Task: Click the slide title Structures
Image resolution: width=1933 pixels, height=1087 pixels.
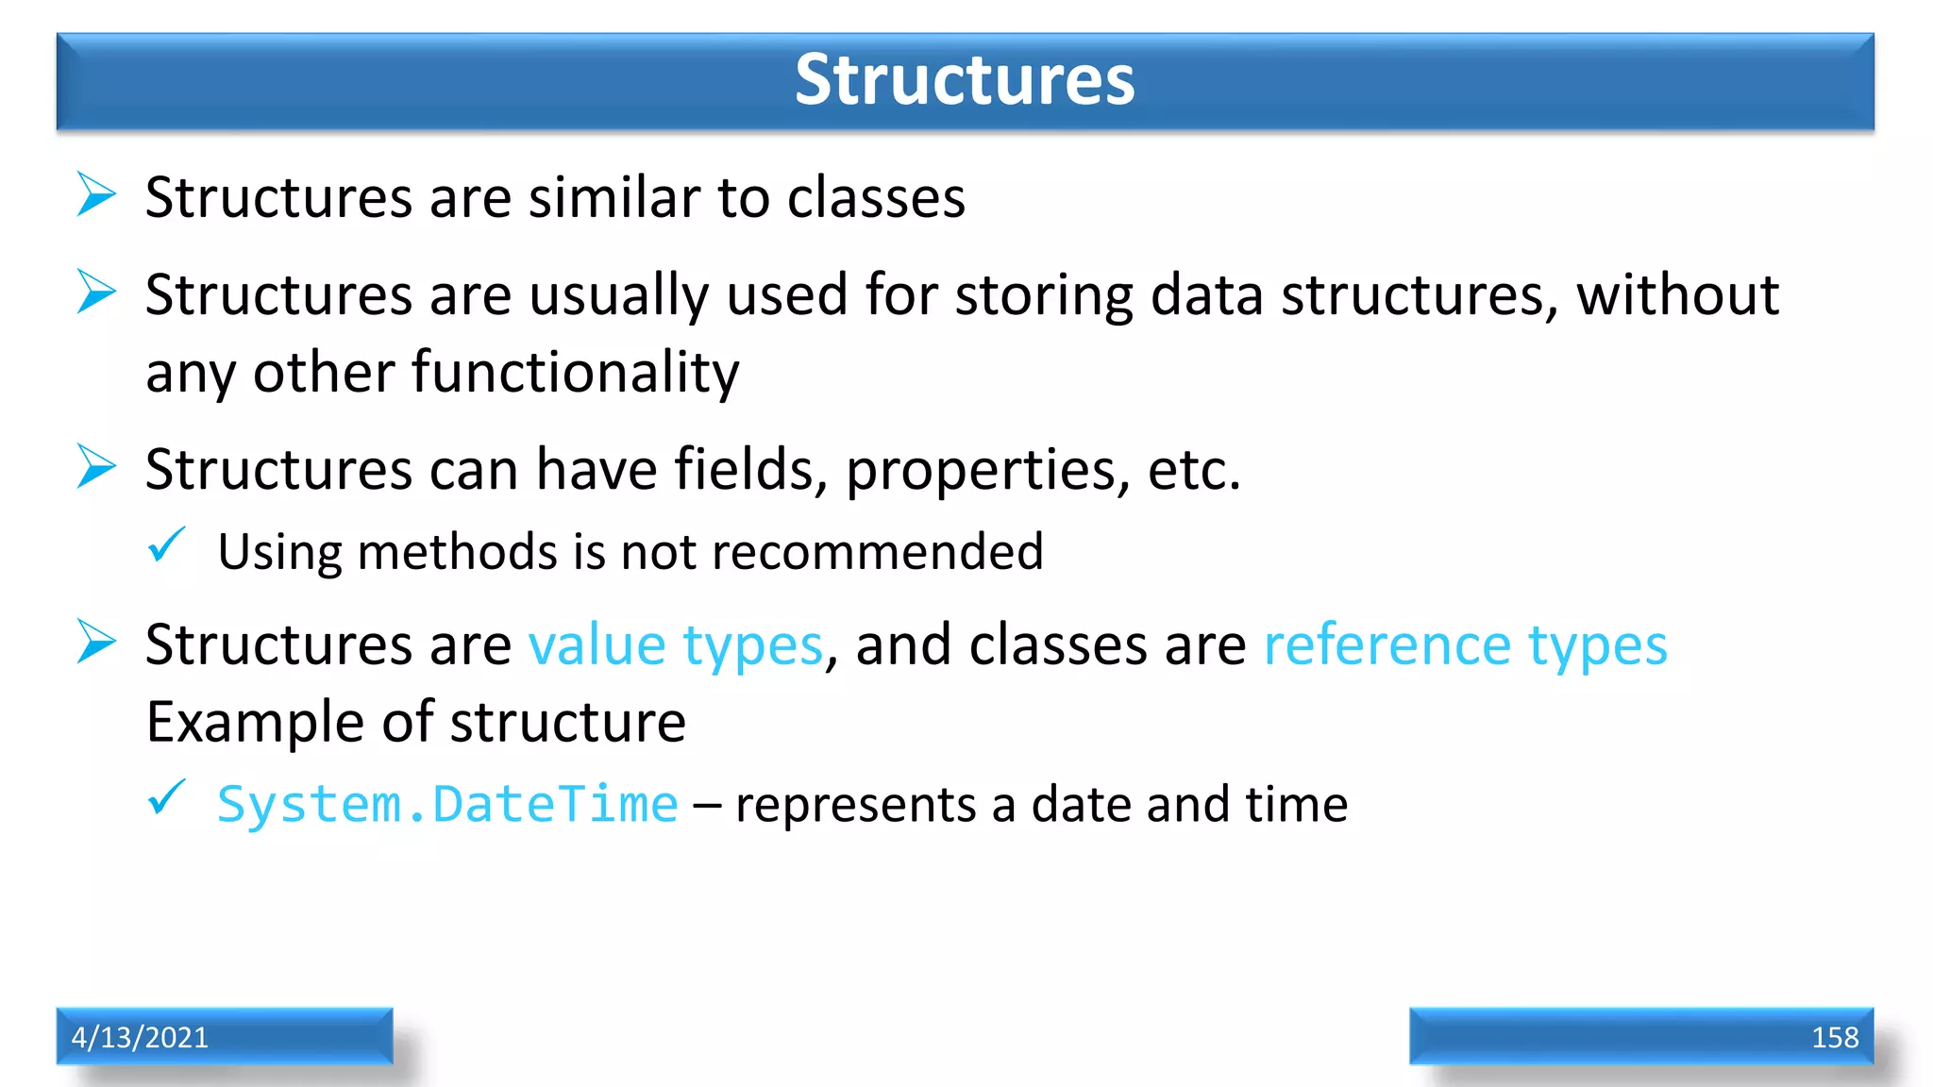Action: [x=964, y=79]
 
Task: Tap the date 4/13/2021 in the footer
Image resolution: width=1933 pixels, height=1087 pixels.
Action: [x=140, y=1037]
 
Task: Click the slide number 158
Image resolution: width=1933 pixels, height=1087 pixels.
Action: [x=1834, y=1037]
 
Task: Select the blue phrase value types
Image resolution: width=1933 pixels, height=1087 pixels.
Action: [x=675, y=646]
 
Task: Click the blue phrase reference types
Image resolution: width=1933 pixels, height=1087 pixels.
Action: [x=1465, y=646]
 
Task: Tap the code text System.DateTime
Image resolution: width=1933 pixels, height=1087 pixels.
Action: [x=447, y=805]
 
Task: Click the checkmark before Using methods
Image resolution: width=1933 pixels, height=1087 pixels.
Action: [x=167, y=545]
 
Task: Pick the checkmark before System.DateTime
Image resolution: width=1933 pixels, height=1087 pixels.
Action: [x=167, y=797]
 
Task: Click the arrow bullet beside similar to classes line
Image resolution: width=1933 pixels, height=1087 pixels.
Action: [x=96, y=194]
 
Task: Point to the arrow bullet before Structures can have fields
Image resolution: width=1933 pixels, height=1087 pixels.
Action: [x=96, y=466]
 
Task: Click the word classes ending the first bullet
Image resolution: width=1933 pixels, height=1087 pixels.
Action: [x=875, y=198]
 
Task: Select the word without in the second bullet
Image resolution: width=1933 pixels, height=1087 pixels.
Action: [x=1677, y=295]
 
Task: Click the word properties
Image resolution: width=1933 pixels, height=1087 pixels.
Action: [x=987, y=471]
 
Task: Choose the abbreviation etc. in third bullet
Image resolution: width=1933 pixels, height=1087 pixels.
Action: [x=1193, y=471]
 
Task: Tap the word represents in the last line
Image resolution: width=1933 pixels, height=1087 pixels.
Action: [x=855, y=805]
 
